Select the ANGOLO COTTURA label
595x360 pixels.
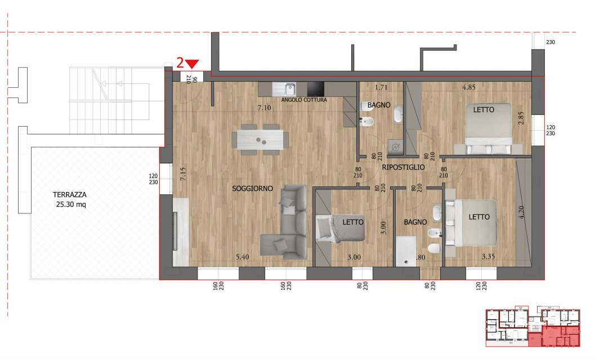point(304,100)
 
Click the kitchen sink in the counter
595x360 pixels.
point(284,88)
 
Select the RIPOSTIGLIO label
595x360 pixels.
point(403,168)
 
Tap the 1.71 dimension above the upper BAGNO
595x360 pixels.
point(382,88)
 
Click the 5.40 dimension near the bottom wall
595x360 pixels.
point(242,257)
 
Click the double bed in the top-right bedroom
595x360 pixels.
point(487,128)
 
